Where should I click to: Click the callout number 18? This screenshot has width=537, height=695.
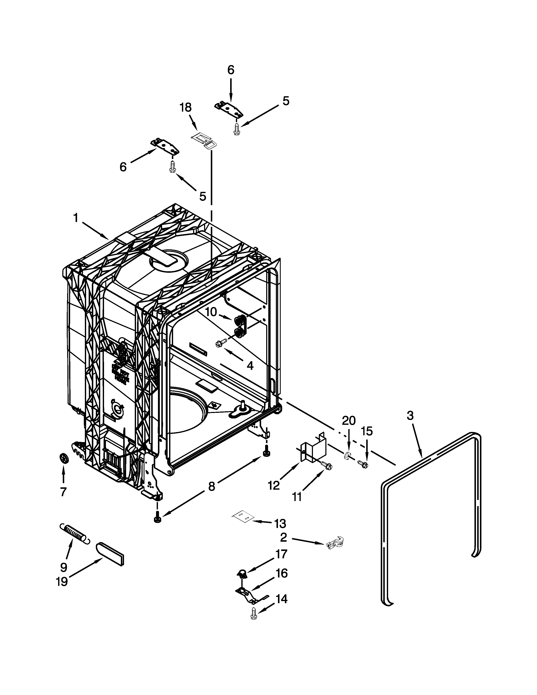[x=186, y=108]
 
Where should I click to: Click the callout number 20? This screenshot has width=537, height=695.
[x=349, y=421]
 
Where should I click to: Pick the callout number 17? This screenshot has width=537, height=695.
[x=281, y=554]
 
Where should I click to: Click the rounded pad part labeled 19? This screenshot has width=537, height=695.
[x=110, y=554]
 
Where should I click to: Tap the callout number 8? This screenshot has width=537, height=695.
[x=212, y=486]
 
